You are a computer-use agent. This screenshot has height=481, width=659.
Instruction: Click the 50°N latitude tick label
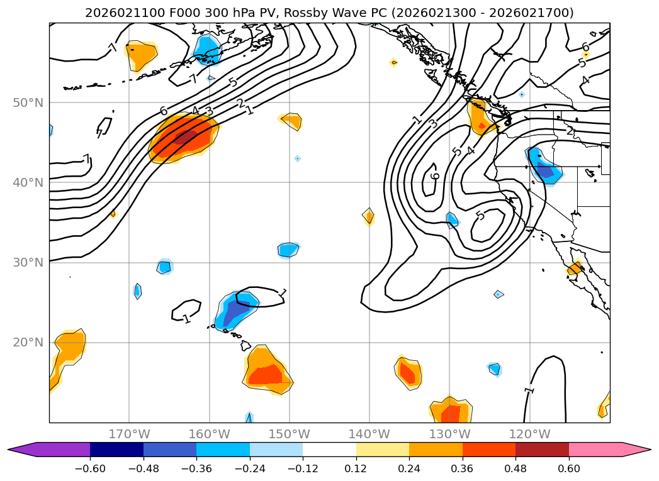28,103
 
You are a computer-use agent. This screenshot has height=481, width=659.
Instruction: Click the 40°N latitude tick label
28,183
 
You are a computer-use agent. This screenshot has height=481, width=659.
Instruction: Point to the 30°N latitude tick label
28,263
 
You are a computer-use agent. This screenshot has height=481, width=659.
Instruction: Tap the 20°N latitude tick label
28,343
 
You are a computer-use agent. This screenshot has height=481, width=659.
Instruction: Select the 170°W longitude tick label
129,434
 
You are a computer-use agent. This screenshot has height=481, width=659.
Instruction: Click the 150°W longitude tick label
289,434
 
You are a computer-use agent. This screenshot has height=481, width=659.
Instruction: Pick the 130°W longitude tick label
449,434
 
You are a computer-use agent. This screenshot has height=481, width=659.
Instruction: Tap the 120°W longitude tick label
529,434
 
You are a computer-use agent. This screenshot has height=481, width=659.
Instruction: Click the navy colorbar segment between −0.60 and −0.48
116,450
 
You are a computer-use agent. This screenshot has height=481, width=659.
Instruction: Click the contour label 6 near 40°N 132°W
435,175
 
